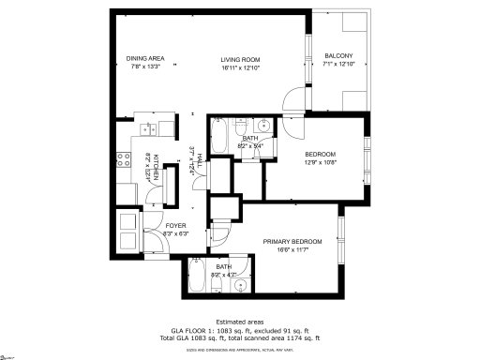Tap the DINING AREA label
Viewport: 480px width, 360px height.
(144, 57)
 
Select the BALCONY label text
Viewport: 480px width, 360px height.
(338, 56)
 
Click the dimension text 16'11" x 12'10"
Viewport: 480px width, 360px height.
(240, 67)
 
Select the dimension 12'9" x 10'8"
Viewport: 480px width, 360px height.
(321, 162)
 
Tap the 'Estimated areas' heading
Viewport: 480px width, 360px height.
(241, 322)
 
